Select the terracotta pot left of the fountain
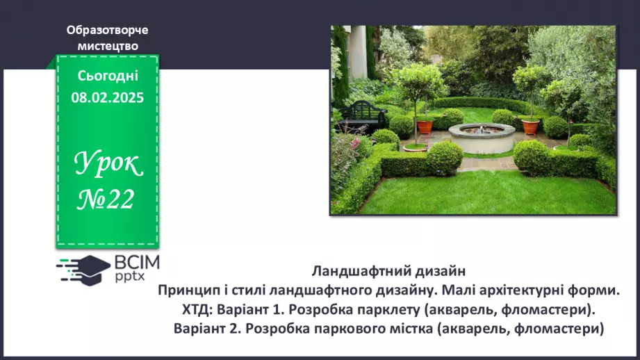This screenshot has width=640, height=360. coord(424,126)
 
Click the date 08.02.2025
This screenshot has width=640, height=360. coord(108,98)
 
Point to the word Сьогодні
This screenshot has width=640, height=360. coord(108,76)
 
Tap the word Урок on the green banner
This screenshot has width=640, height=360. coord(108,165)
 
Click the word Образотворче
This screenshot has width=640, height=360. coord(108,31)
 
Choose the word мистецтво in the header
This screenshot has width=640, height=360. coord(108,46)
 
